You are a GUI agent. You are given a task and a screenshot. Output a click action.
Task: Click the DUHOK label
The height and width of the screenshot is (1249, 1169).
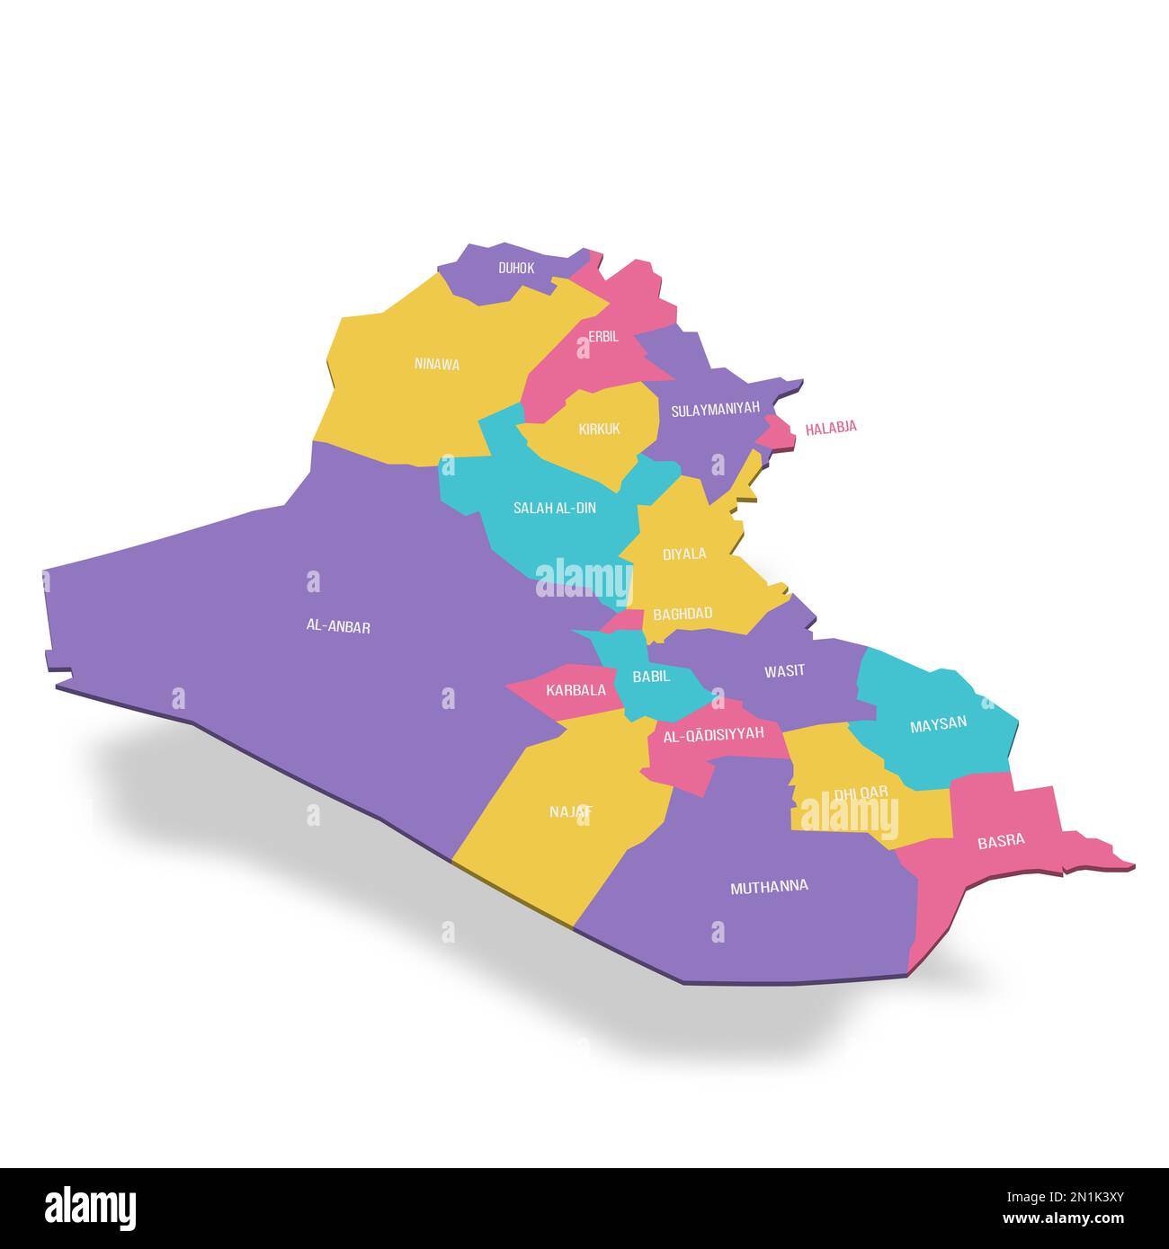click(516, 268)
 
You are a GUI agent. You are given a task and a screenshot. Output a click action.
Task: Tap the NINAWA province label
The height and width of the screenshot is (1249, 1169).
click(437, 364)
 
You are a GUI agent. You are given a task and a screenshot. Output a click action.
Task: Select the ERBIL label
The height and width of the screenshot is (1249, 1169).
click(603, 336)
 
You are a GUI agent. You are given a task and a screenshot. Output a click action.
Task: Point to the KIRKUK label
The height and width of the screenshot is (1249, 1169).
click(599, 429)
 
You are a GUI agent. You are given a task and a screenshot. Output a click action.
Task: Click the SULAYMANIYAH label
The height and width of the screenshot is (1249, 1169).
click(715, 409)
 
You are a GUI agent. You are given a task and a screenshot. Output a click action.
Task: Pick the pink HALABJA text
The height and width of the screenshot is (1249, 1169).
click(831, 428)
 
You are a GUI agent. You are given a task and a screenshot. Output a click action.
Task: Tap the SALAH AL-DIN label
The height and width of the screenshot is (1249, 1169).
click(554, 508)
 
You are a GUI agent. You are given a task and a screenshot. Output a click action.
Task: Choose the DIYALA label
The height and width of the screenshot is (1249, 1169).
click(684, 554)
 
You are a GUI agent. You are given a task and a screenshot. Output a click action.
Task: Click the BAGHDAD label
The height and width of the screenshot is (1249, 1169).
click(683, 614)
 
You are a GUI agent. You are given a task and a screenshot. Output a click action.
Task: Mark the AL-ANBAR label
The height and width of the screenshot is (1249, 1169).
click(338, 627)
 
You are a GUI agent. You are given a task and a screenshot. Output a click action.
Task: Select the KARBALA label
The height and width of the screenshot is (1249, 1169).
click(576, 690)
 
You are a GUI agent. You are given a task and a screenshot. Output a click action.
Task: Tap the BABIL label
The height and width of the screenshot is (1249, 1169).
click(651, 677)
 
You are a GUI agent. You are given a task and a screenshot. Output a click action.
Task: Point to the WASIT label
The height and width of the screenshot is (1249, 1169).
click(784, 670)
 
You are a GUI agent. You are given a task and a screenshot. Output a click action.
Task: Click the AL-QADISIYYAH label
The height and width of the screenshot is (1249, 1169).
click(713, 733)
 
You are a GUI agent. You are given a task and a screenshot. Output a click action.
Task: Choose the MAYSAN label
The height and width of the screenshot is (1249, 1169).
click(938, 723)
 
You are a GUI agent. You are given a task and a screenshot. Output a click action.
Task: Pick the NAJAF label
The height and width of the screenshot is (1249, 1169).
click(571, 811)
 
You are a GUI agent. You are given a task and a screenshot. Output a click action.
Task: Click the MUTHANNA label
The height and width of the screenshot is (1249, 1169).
click(769, 887)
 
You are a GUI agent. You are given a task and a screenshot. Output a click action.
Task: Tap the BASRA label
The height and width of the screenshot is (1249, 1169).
click(1001, 841)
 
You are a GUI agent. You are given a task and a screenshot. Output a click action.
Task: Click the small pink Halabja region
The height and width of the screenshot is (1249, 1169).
click(779, 432)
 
